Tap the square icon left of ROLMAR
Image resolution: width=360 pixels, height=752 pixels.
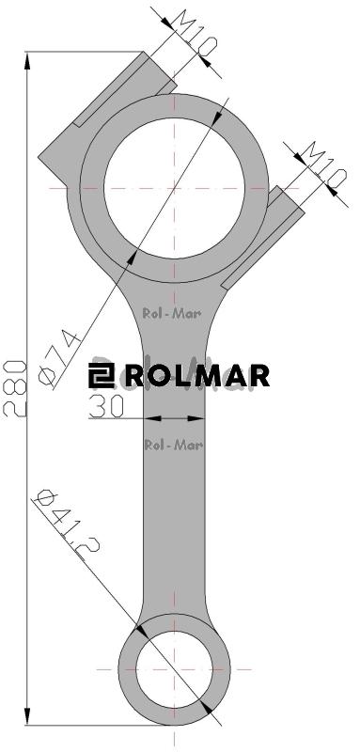tap(101, 376)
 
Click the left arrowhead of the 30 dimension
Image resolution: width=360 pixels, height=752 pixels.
tap(150, 418)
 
